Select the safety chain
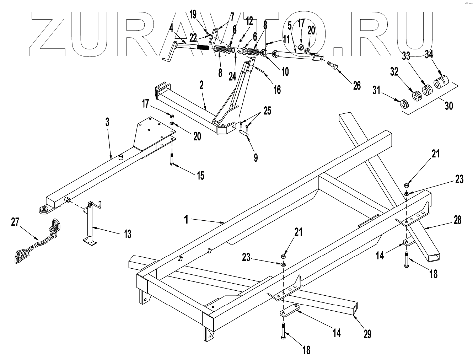tap(36, 245)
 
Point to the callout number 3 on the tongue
tap(108, 122)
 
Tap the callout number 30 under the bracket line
tap(449, 106)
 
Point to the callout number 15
tap(200, 175)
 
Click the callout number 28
tap(458, 220)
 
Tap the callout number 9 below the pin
tap(256, 157)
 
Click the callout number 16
tap(277, 90)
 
